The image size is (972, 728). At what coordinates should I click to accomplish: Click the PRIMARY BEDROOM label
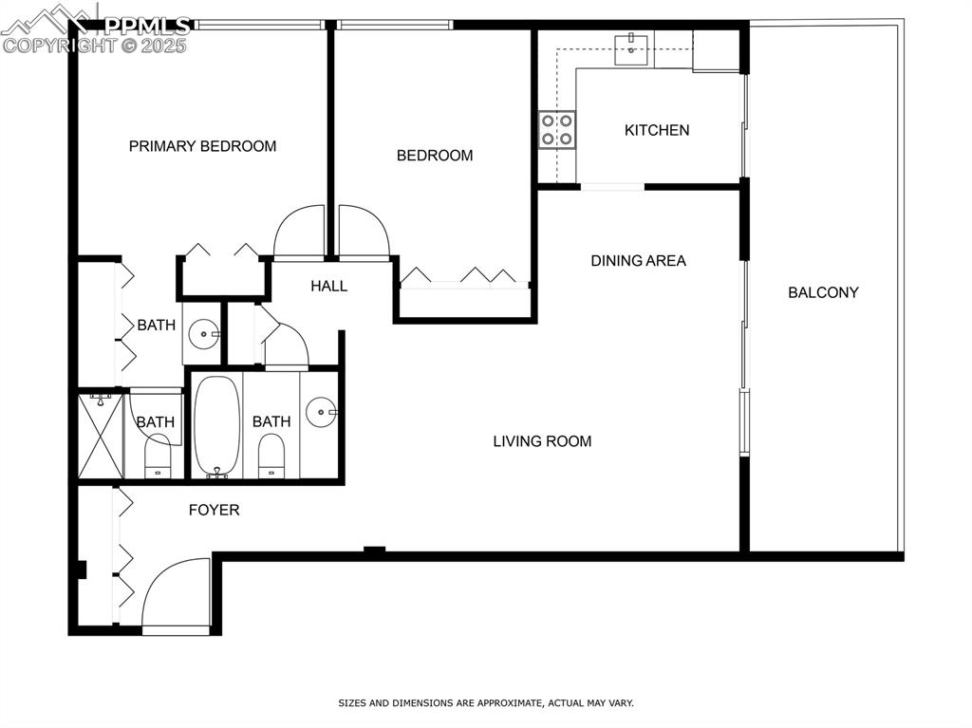202,146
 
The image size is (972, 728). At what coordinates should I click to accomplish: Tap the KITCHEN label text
657,130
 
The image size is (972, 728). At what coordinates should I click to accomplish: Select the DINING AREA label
638,260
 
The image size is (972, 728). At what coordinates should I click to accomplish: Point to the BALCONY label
823,292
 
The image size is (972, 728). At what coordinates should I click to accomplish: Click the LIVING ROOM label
542,440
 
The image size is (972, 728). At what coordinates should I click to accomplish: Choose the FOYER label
214,510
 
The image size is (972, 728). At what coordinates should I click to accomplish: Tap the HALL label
328,286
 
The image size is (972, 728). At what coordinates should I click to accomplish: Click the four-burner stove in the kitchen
557,129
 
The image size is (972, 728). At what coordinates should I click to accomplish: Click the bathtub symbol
217,427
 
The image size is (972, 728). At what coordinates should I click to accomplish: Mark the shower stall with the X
100,437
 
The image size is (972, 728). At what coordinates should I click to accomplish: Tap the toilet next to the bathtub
271,456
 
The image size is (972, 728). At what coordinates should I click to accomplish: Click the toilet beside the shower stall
158,456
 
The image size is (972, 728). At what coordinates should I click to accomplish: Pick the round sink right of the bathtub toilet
321,413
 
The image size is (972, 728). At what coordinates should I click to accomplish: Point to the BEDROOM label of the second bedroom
434,156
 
